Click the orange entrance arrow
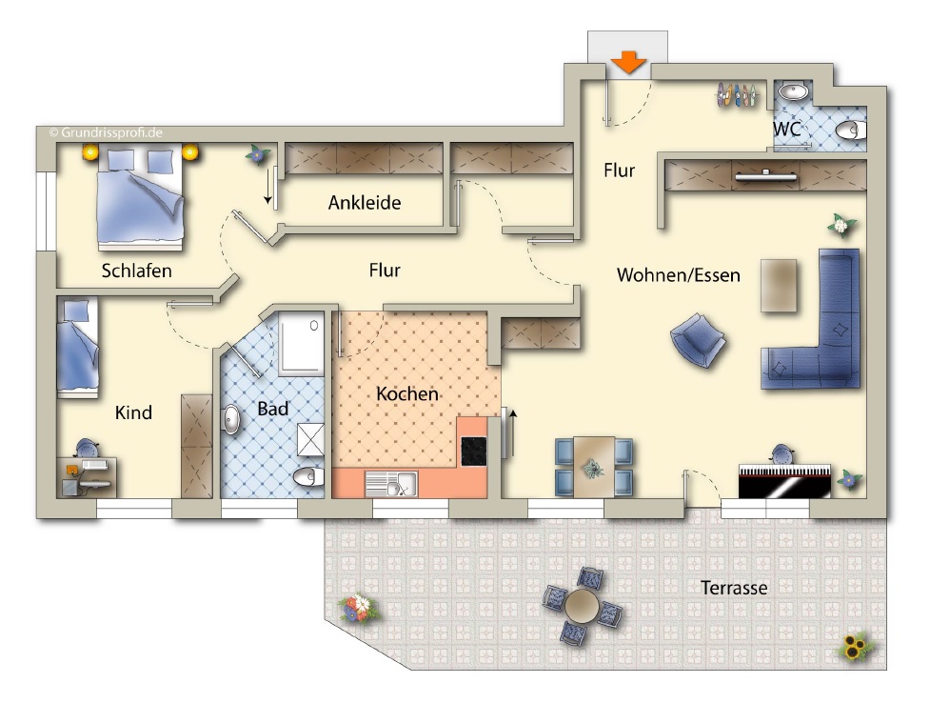tap(628, 62)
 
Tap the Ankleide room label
tap(365, 203)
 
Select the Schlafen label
tap(136, 271)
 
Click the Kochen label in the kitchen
tap(407, 393)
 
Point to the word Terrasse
tap(734, 588)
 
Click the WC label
tap(786, 129)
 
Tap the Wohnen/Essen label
tap(679, 275)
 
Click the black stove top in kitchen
tap(474, 452)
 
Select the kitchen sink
tap(391, 484)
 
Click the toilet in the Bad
tap(308, 476)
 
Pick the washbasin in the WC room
tap(792, 92)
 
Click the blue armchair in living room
tap(698, 340)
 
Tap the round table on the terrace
tap(583, 606)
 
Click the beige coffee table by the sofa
tap(779, 286)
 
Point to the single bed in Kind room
tap(78, 348)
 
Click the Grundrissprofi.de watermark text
tap(106, 132)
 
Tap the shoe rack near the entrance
tap(737, 95)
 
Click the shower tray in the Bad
tap(302, 343)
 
